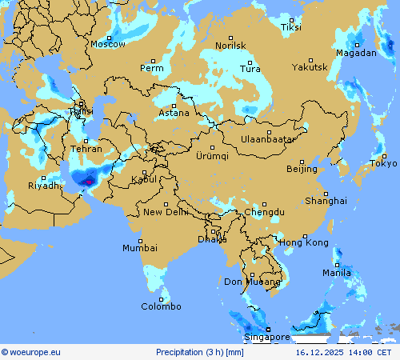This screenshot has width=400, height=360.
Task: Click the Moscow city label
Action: (x=107, y=44)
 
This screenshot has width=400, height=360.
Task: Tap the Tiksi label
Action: (x=291, y=27)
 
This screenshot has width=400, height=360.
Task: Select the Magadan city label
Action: (x=356, y=53)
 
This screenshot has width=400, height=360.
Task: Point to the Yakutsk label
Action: (x=309, y=68)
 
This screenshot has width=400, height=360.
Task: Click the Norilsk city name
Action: (x=230, y=46)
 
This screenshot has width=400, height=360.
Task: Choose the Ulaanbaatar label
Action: (x=268, y=139)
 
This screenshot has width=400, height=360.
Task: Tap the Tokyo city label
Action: (x=383, y=163)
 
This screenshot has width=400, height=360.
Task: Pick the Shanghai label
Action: (x=326, y=200)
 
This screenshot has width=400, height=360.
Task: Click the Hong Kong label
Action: (x=304, y=242)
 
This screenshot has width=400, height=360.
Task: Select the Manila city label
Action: (x=337, y=273)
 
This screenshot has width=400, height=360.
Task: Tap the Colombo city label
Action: (x=162, y=306)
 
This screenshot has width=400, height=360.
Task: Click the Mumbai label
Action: (x=140, y=248)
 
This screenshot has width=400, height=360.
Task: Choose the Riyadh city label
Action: (x=44, y=186)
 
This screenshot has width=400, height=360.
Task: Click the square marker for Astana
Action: (x=174, y=105)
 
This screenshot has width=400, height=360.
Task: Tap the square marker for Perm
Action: (x=153, y=61)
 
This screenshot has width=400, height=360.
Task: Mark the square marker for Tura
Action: (x=250, y=62)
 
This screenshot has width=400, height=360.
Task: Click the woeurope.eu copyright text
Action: (x=31, y=351)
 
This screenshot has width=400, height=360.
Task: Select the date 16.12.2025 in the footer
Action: (x=319, y=351)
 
